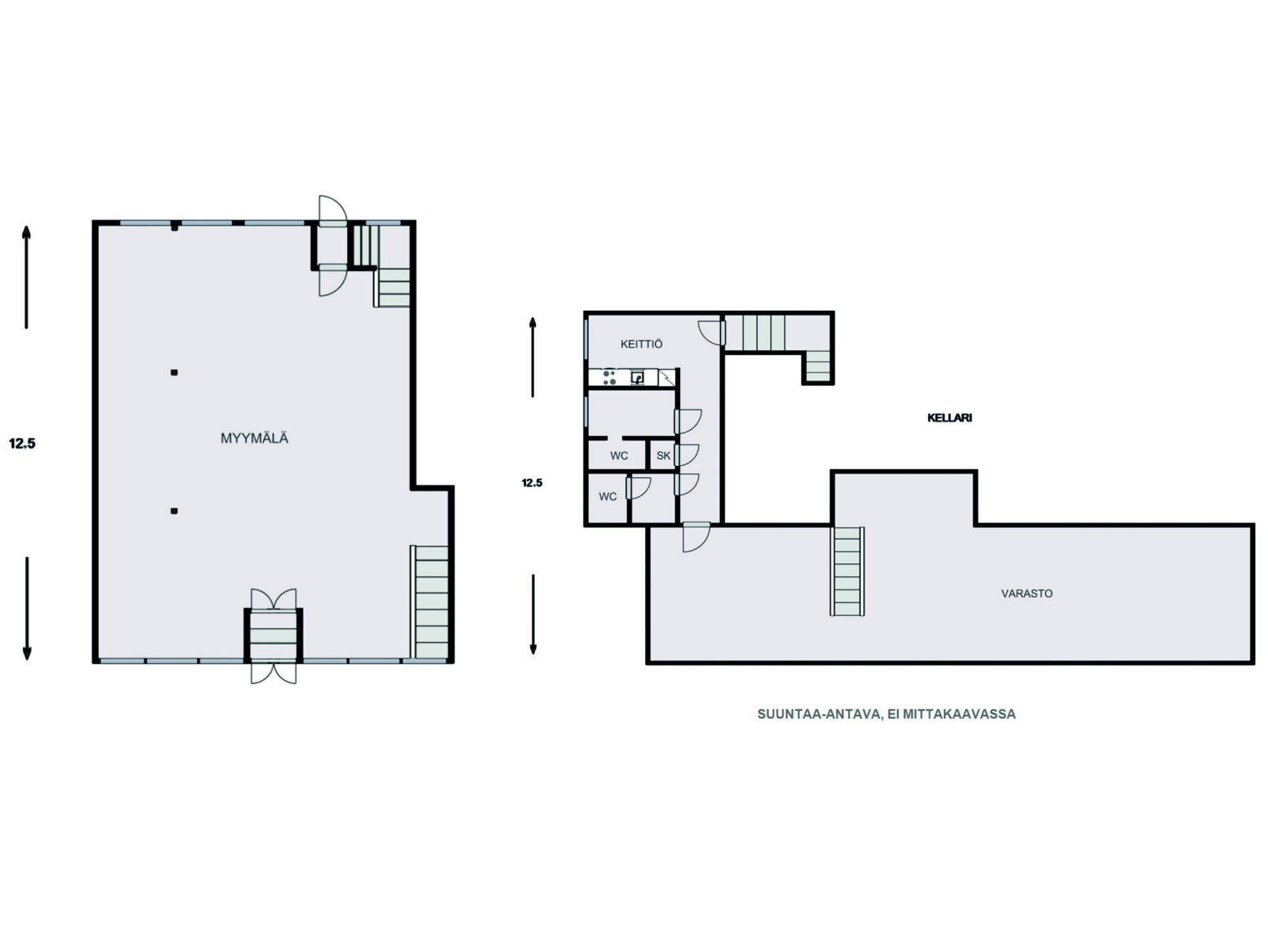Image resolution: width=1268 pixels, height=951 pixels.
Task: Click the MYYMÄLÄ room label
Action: [x=254, y=438]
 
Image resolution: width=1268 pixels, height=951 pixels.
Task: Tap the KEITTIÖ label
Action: [x=641, y=344]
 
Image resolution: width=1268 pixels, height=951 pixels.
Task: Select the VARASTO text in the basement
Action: [x=1026, y=593]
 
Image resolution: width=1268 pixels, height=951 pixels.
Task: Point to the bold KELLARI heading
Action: [x=949, y=418]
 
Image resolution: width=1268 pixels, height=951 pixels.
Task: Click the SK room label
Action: [x=663, y=456]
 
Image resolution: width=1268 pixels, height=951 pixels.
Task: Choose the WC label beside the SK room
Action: [x=619, y=456]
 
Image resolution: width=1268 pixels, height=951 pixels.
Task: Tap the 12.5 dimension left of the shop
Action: [x=22, y=443]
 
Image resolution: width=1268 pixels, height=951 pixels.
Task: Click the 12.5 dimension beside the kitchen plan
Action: [x=532, y=483]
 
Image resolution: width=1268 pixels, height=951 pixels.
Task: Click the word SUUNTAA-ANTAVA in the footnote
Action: [x=819, y=714]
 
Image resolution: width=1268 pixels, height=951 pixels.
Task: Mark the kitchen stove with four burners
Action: [x=609, y=378]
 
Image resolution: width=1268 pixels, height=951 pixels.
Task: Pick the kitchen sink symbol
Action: [x=638, y=378]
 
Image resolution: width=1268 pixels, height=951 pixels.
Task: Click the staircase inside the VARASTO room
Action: [x=847, y=571]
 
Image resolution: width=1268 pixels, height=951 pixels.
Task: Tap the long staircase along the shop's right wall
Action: [x=430, y=602]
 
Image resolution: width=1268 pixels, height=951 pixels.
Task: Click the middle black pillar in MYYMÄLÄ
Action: [x=174, y=372]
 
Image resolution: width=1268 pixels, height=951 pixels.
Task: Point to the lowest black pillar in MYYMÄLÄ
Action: [x=174, y=511]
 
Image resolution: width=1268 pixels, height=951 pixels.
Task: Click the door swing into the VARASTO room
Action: [x=696, y=537]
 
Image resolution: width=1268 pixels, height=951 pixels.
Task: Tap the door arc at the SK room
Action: [x=687, y=455]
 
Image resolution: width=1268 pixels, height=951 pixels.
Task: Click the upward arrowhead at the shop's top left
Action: [x=26, y=231]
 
